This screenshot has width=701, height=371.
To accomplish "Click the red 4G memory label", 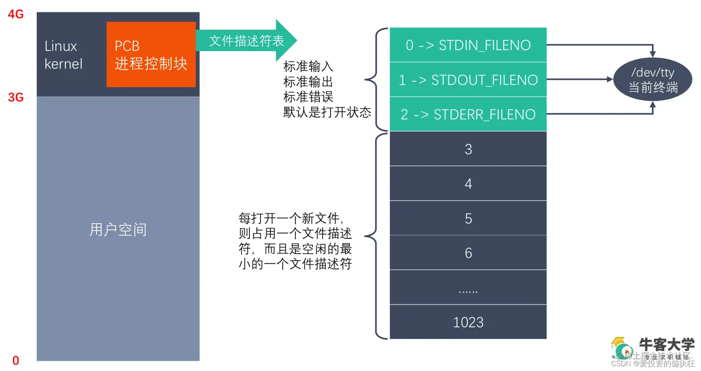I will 15,14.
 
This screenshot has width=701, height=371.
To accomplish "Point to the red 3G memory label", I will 15,97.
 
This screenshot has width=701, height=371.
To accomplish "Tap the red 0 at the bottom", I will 16,360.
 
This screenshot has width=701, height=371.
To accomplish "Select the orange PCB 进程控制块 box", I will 151,54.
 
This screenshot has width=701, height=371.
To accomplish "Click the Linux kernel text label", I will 64,55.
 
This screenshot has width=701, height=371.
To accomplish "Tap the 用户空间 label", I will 118,229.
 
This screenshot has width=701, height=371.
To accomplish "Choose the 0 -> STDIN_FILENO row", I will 468,45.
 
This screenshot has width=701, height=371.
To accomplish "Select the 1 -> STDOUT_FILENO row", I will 468,80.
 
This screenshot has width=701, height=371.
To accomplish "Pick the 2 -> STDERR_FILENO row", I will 468,114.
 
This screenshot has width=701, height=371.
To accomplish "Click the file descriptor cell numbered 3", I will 468,149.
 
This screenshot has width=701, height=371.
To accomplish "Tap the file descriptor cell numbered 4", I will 468,184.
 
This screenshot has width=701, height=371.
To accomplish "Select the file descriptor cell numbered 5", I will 468,218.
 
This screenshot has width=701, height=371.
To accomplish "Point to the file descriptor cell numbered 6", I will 468,253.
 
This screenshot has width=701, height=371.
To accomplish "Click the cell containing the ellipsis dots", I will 468,288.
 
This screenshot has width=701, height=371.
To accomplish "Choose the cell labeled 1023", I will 468,322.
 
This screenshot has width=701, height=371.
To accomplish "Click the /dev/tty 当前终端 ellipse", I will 653,80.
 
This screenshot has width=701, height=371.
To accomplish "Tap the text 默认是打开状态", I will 327,112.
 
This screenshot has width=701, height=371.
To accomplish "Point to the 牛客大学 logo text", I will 667,345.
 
